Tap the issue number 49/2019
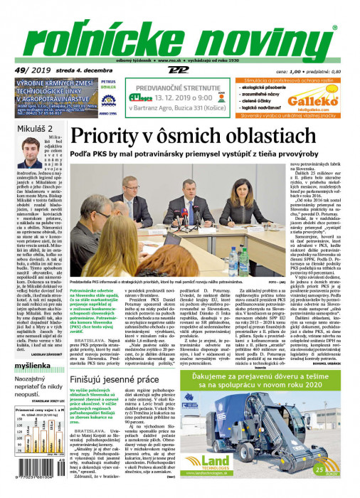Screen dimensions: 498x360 (x=26, y=70)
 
